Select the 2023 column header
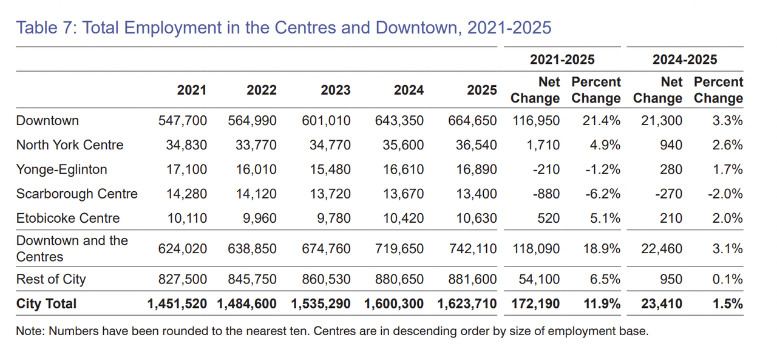[336, 90]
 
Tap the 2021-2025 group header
[562, 59]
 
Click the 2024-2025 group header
[685, 59]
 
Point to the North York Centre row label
[69, 145]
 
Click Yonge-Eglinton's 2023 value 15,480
[330, 169]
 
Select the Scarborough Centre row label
[76, 194]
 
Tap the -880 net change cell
[547, 194]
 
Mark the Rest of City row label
[51, 279]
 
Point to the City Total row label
[46, 304]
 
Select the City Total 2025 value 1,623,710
[467, 304]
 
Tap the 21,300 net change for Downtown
[662, 121]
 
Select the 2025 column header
[482, 90]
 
